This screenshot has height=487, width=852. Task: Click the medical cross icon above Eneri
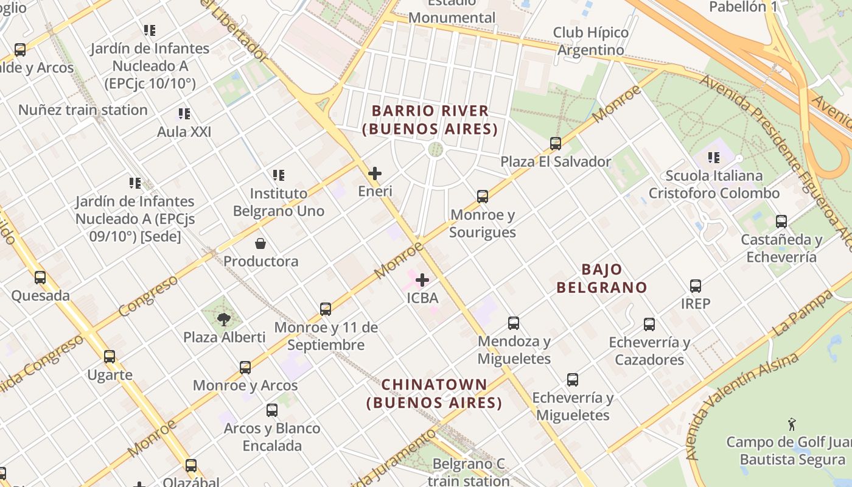tap(375, 173)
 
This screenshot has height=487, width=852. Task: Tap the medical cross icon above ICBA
tap(422, 280)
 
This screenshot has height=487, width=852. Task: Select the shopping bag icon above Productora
tap(260, 243)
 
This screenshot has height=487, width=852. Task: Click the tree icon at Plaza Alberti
tap(224, 318)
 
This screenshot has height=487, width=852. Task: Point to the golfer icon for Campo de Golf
tap(791, 424)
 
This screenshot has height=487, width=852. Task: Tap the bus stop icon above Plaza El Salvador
tap(556, 144)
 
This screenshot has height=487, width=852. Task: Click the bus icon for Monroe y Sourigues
tap(483, 197)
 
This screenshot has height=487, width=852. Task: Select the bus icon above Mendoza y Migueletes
tap(514, 323)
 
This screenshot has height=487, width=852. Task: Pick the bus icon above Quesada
tap(40, 278)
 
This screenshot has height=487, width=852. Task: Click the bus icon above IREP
tap(696, 286)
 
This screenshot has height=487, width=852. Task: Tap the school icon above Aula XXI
tap(184, 114)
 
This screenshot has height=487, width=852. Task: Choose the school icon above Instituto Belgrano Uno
tap(279, 175)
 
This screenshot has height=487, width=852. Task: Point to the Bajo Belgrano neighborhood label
tap(602, 278)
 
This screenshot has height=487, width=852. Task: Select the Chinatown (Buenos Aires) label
tap(435, 393)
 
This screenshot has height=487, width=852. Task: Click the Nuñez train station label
tap(83, 110)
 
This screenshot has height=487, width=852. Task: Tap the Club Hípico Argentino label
tap(591, 41)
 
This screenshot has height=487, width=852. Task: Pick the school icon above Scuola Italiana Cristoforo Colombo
tap(714, 158)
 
